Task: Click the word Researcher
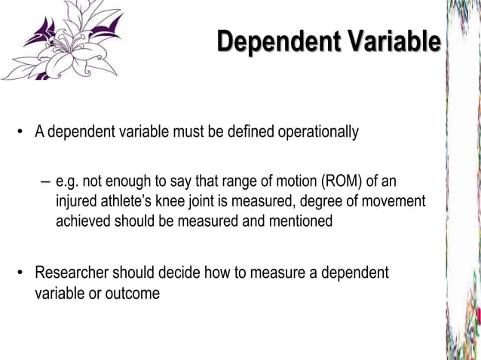click(74, 273)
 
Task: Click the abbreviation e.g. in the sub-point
click(68, 182)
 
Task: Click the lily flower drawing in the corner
click(64, 39)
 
